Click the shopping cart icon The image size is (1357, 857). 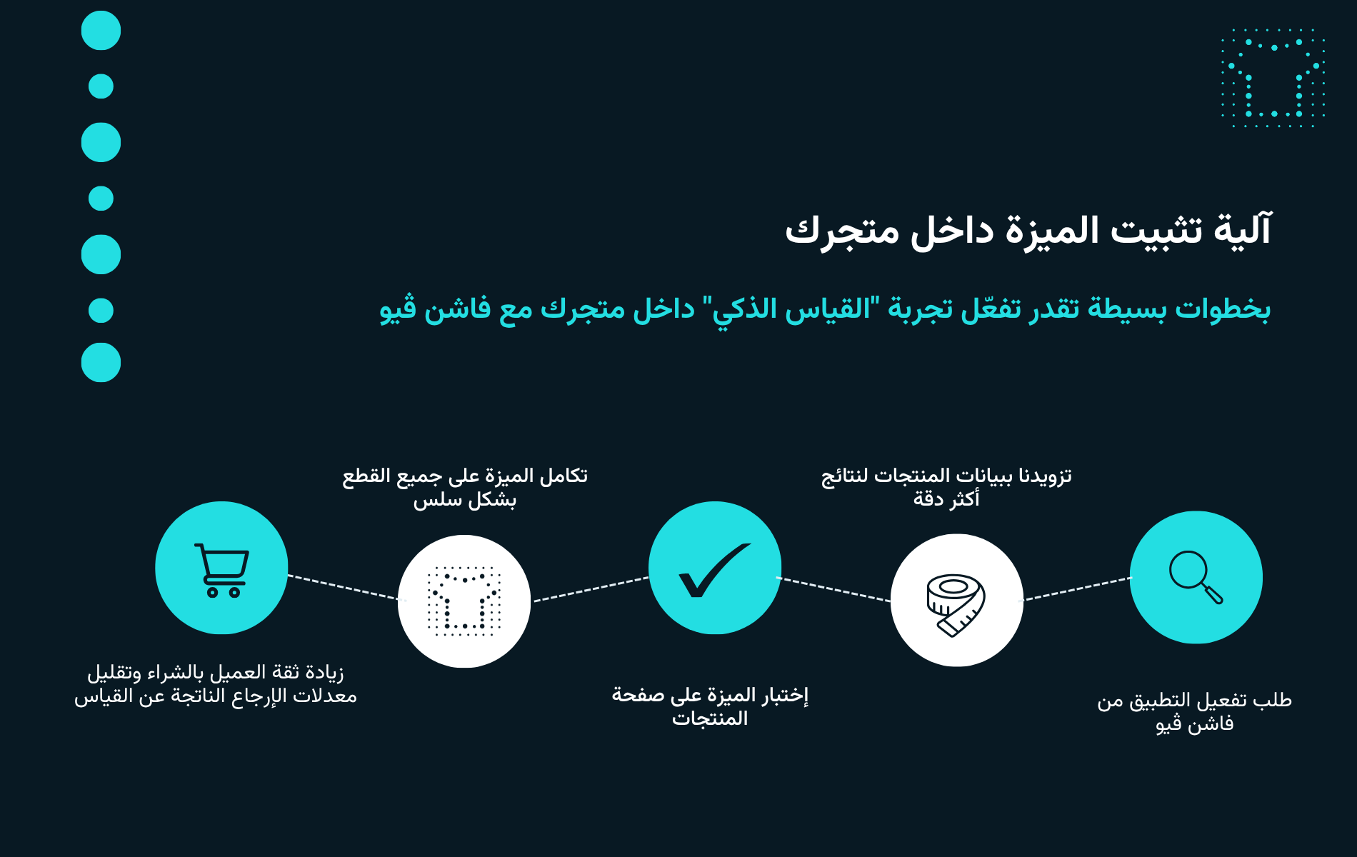pyautogui.click(x=222, y=570)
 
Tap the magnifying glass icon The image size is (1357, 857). pyautogui.click(x=1196, y=577)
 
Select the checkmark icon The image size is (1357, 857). pyautogui.click(x=714, y=569)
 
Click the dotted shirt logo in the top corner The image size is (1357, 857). pyautogui.click(x=1273, y=78)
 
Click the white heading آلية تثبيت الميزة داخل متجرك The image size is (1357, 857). pyautogui.click(x=1028, y=231)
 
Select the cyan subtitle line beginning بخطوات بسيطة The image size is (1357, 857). pyautogui.click(x=825, y=309)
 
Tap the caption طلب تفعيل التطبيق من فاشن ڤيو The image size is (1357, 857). pyautogui.click(x=1195, y=712)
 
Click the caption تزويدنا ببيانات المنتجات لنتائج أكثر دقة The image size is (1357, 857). pyautogui.click(x=946, y=487)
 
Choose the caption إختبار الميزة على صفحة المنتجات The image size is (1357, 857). pyautogui.click(x=710, y=706)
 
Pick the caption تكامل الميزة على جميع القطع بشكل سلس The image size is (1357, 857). pyautogui.click(x=465, y=487)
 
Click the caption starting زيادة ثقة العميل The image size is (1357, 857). pyautogui.click(x=216, y=683)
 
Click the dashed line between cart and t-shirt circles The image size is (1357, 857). pyautogui.click(x=343, y=587)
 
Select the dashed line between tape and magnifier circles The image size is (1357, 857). pyautogui.click(x=1077, y=588)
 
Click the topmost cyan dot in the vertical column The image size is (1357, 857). pyautogui.click(x=101, y=31)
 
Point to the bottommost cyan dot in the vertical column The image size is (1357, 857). pyautogui.click(x=101, y=362)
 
